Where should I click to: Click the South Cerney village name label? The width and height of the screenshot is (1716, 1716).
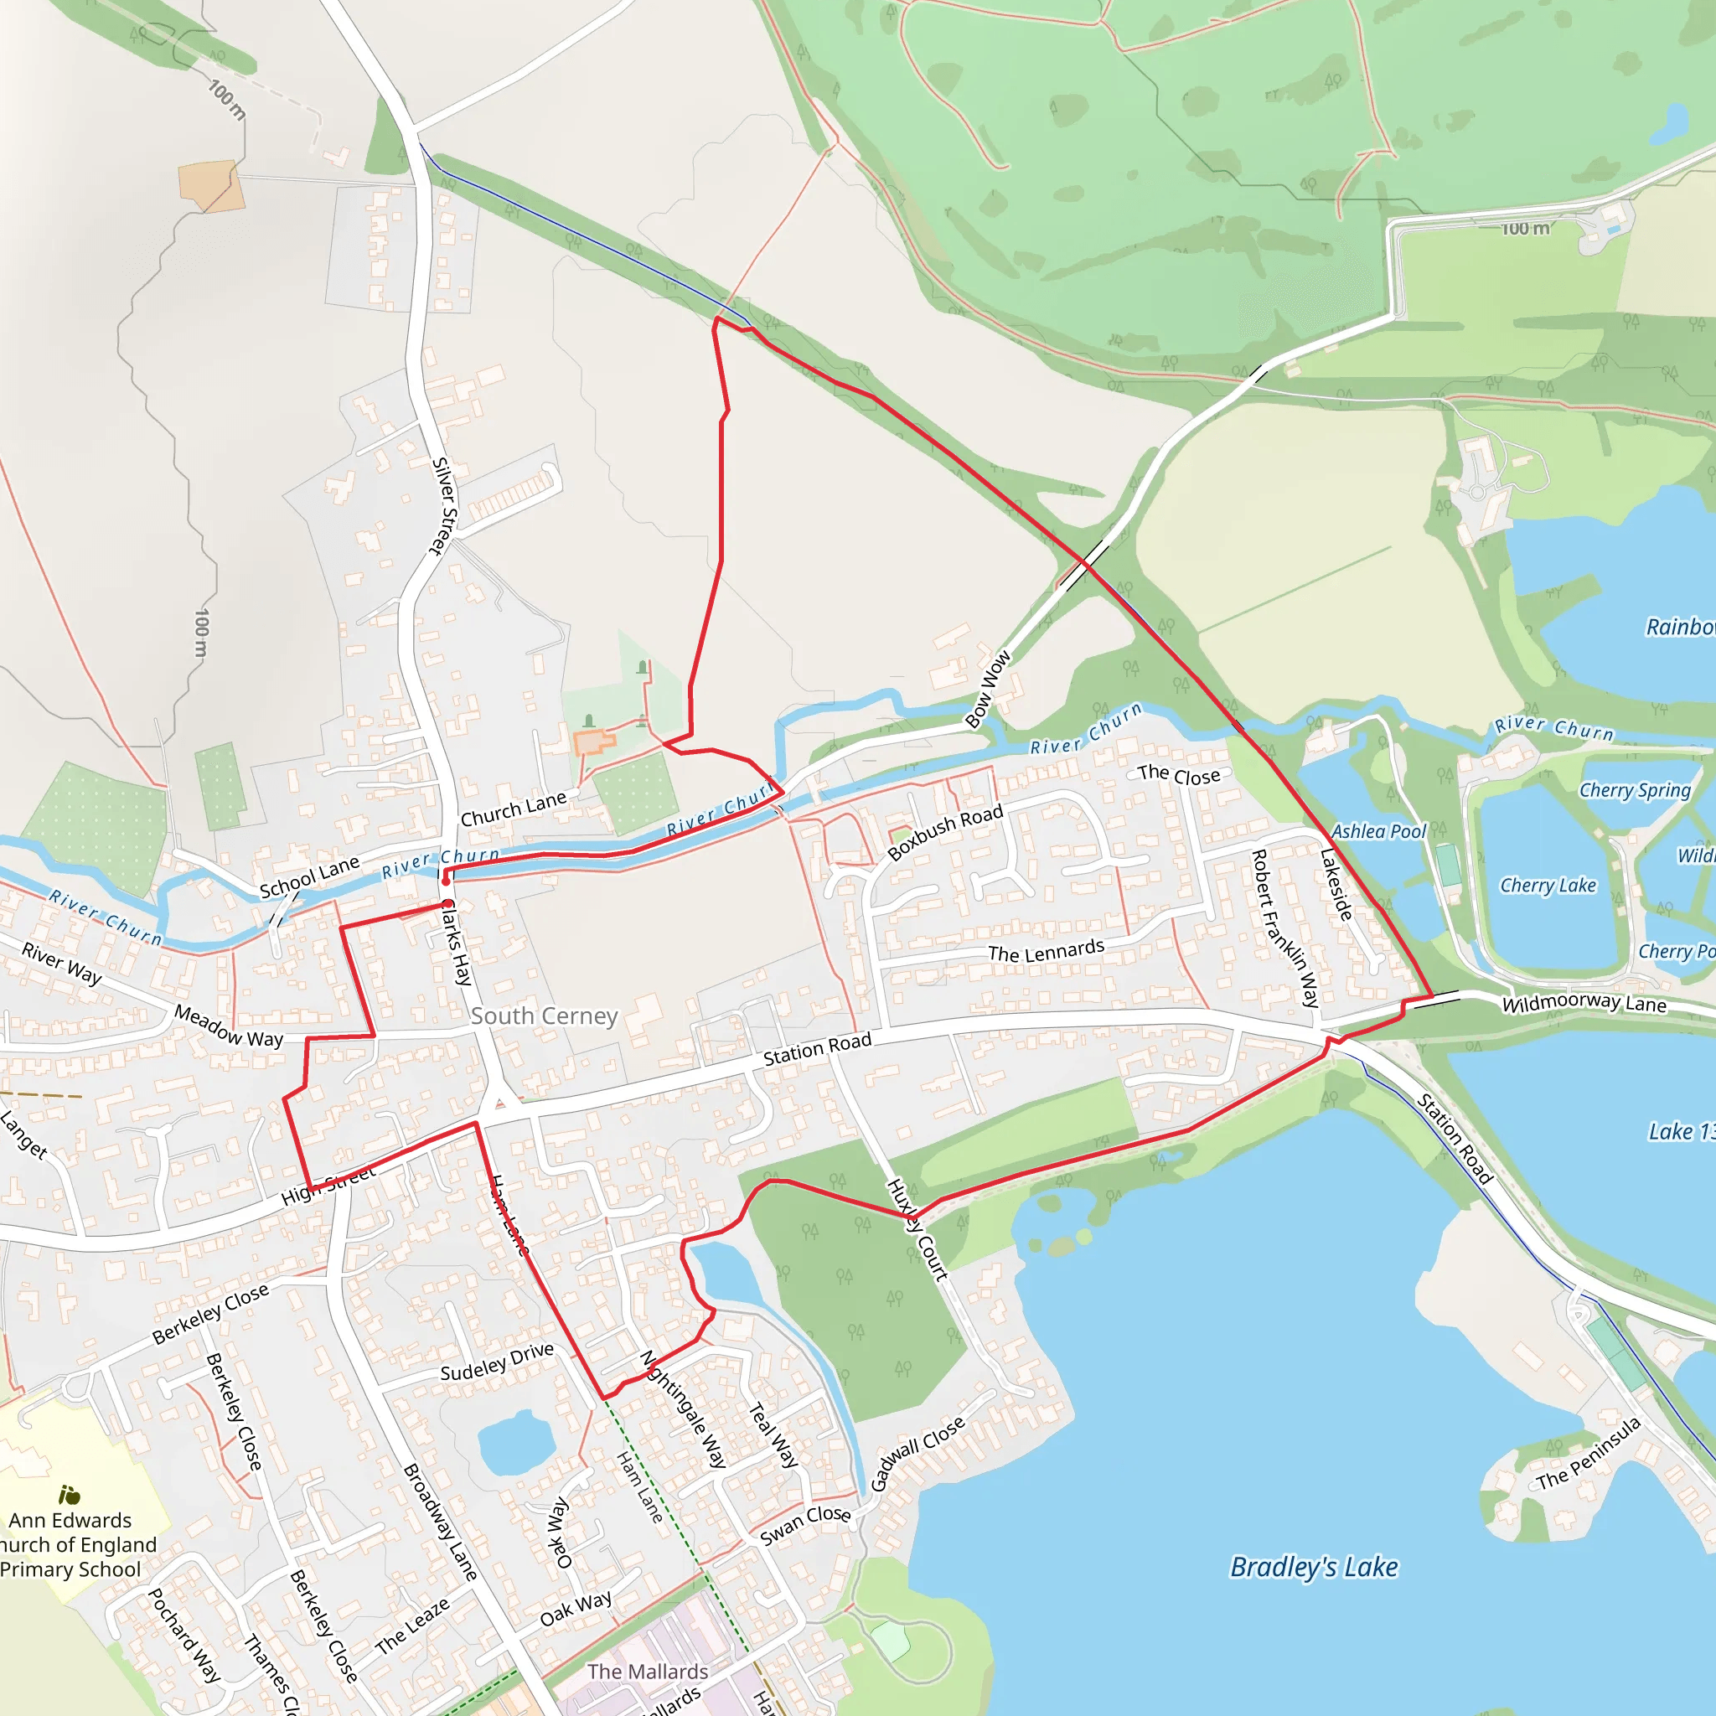point(544,1016)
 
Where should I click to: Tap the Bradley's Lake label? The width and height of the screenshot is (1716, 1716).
point(1314,1567)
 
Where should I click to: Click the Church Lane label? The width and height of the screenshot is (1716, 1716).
point(514,809)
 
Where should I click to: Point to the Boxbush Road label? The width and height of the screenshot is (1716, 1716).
point(945,832)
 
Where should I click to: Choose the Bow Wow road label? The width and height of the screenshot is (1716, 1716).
point(988,690)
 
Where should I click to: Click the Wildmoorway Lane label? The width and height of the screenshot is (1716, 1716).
point(1584,1004)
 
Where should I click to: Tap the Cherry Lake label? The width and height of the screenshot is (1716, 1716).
point(1548,886)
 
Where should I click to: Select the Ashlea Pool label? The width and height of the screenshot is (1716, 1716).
point(1377,831)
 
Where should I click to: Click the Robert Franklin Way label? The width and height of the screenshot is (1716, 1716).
point(1284,928)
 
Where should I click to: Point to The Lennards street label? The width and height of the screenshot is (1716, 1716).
point(1047,952)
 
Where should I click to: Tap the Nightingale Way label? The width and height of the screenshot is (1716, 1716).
point(684,1408)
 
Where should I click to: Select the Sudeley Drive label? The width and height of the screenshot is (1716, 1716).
point(497,1362)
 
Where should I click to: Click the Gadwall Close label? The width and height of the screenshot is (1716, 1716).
point(917,1454)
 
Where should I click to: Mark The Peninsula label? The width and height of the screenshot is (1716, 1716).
point(1588,1454)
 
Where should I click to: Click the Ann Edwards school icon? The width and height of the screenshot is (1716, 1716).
point(70,1496)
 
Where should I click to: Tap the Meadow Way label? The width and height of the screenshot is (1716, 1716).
point(228,1026)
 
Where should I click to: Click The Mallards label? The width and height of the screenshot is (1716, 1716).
point(648,1672)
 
